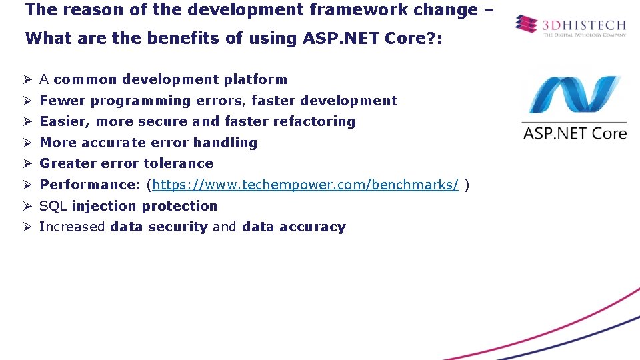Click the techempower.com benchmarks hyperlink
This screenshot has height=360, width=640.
pos(305,185)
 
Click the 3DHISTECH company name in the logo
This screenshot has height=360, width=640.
pos(584,25)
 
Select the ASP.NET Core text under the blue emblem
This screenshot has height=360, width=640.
pos(575,133)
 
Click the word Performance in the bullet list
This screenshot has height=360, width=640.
pos(87,185)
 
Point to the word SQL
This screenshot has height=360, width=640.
pos(53,206)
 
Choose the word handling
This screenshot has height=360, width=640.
pos(225,143)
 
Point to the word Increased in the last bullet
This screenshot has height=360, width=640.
pos(72,227)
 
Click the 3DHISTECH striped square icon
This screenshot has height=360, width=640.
pos(526,25)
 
